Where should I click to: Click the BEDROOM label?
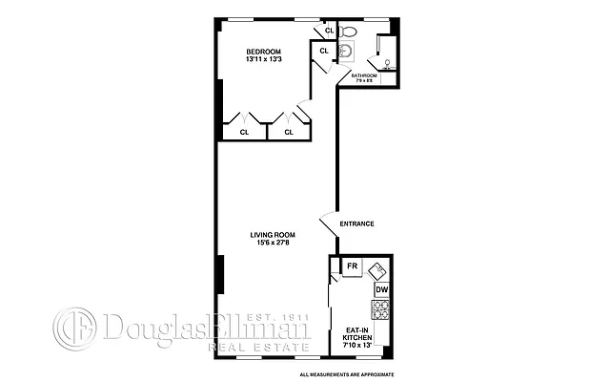tap(263, 52)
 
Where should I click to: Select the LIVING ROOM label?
tap(273, 234)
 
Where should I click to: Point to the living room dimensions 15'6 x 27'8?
tap(273, 244)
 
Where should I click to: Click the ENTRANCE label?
tap(356, 224)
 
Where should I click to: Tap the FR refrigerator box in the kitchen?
tap(352, 266)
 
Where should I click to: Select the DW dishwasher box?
tap(381, 289)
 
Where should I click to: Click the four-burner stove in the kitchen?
tap(381, 308)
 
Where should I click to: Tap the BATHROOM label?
tap(364, 75)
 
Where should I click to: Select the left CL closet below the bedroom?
tap(244, 132)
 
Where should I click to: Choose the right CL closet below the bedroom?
tap(288, 132)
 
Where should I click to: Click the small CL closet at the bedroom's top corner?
tap(329, 31)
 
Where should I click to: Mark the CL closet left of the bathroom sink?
tap(324, 51)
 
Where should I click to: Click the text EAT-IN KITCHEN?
tap(358, 335)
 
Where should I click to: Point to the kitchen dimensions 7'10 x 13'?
tap(358, 348)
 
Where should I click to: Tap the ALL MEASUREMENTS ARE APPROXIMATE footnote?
tap(347, 373)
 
